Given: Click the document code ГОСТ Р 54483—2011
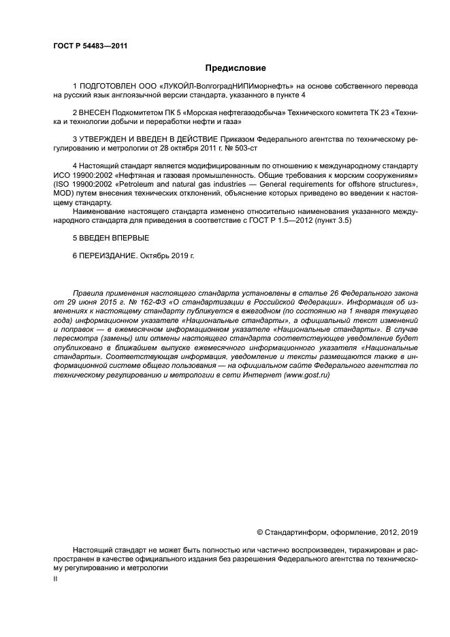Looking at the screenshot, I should point(91,46).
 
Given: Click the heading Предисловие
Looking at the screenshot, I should point(236,68).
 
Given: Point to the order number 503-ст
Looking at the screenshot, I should point(245,147).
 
